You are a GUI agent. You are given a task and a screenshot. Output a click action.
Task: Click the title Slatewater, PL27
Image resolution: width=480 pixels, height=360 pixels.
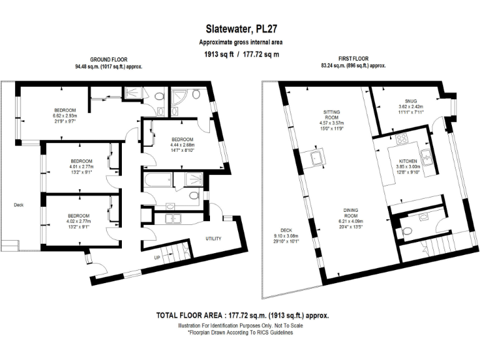(x=240, y=29)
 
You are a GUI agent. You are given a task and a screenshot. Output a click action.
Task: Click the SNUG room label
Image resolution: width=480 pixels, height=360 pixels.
(x=410, y=100)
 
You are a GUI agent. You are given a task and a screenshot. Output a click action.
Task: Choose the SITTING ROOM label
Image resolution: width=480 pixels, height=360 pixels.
(x=331, y=114)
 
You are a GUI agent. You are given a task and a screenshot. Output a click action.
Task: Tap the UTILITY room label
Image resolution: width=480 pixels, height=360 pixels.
(x=214, y=239)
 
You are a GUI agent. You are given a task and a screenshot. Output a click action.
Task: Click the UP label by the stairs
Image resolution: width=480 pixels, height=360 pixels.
(x=158, y=256)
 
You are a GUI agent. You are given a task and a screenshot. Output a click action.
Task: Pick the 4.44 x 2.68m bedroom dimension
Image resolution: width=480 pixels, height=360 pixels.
(x=182, y=145)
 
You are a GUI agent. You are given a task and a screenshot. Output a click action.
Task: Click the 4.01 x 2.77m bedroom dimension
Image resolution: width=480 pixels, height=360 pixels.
(x=81, y=167)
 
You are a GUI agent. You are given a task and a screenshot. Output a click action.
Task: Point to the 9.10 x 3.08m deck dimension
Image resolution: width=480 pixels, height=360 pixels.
(x=286, y=236)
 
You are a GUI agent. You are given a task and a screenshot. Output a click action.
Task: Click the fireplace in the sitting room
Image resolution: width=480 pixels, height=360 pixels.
(x=316, y=157)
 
